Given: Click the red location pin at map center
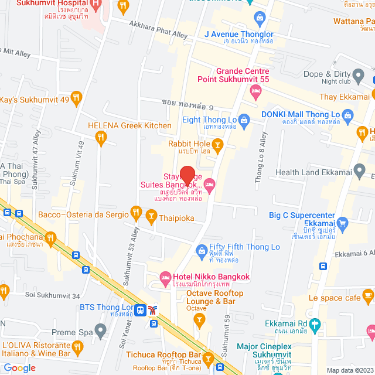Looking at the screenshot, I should pos(187,175).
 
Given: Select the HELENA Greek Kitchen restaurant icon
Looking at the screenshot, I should pos(101,138).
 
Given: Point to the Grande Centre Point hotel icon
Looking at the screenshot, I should pos(255,91).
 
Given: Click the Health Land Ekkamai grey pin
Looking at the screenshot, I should pos(360,172).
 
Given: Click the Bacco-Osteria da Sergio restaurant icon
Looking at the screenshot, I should pos(136,212).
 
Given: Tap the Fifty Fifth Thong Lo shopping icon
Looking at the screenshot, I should pos(202,252).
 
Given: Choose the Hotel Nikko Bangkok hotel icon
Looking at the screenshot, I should pos(165,277).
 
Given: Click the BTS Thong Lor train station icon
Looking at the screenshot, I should pos(141,309).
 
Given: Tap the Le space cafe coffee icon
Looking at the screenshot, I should pos(367,294).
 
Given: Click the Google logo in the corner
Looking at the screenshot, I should pos(19,367).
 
